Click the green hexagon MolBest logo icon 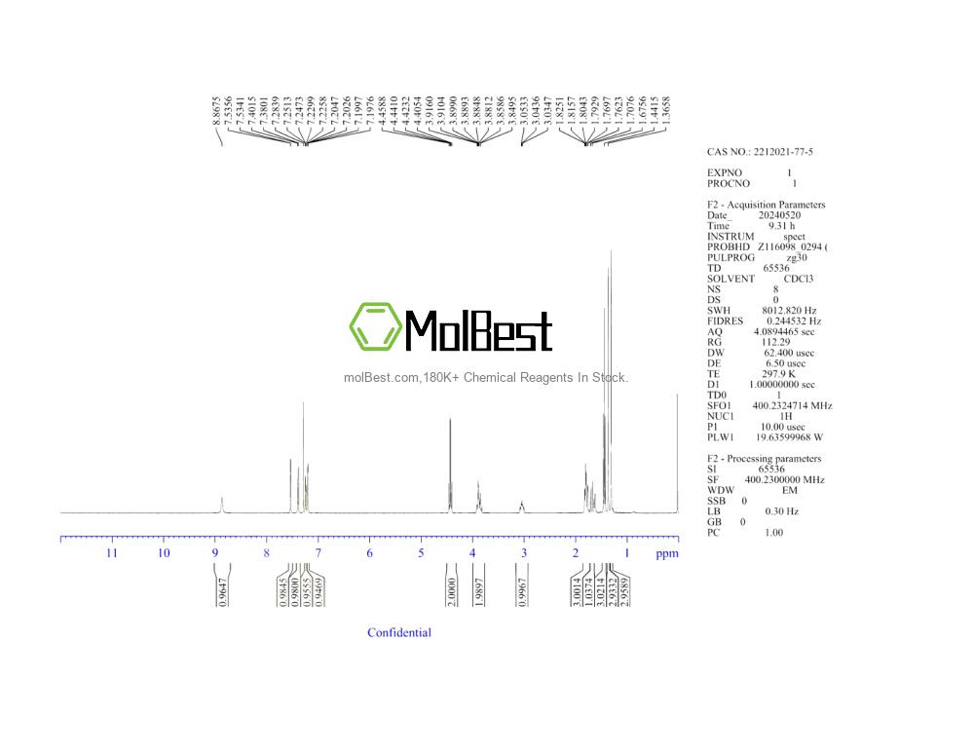click(x=376, y=326)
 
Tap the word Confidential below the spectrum click(x=399, y=633)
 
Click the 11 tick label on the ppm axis click(x=112, y=553)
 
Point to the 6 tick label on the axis click(x=369, y=553)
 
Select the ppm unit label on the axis click(x=666, y=553)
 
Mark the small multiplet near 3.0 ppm click(x=522, y=505)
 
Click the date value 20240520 click(x=779, y=215)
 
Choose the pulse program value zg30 click(x=799, y=257)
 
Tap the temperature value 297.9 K click(x=778, y=373)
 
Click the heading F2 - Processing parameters click(x=764, y=459)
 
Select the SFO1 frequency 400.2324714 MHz click(x=792, y=405)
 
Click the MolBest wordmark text click(x=478, y=330)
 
